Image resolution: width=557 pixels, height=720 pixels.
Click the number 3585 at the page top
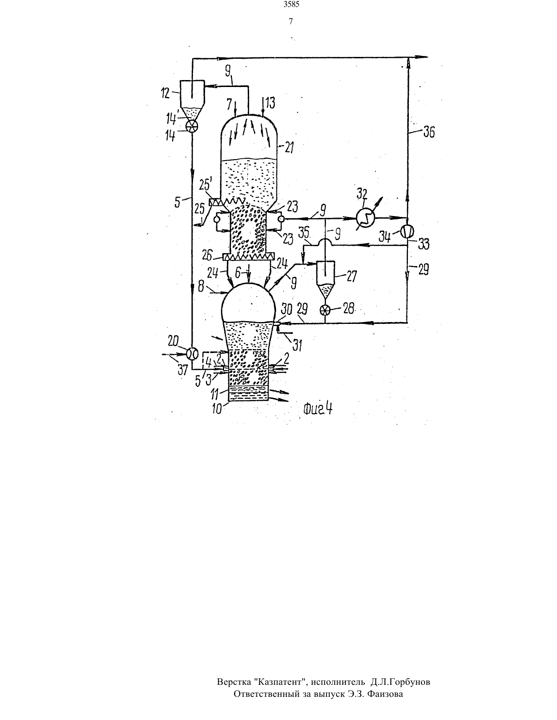291,5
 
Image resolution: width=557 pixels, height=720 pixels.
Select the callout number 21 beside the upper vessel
289,148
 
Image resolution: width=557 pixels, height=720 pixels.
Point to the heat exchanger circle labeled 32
365,217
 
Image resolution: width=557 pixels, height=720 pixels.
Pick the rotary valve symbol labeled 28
325,310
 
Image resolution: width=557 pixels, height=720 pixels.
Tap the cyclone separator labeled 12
192,100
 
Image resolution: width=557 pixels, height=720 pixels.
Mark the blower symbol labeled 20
192,353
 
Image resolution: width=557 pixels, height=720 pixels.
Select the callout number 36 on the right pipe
429,132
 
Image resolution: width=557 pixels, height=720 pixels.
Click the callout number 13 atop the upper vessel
270,103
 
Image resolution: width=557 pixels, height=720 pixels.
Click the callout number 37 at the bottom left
183,370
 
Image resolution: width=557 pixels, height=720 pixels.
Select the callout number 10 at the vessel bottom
217,409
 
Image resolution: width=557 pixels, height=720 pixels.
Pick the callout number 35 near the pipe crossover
304,233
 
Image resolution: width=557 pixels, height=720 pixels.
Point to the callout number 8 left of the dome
201,286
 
